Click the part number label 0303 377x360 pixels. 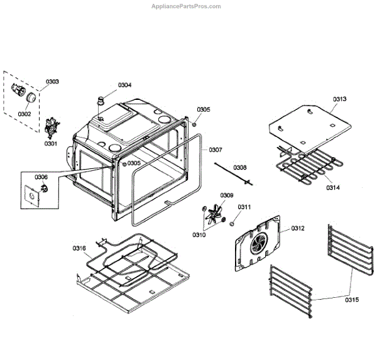coord(53,82)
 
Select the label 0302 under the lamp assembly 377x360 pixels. coord(25,114)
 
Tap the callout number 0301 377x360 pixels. coord(50,143)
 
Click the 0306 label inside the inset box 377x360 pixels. coord(41,178)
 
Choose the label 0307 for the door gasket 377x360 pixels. coord(216,150)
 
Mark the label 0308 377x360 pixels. coord(240,168)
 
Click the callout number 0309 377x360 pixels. coord(227,195)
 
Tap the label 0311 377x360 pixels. coord(244,207)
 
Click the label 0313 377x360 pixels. coord(340,99)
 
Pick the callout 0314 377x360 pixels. coord(332,188)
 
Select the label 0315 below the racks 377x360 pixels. coord(352,300)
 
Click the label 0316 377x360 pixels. coord(79,248)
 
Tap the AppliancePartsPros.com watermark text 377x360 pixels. coord(187,6)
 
